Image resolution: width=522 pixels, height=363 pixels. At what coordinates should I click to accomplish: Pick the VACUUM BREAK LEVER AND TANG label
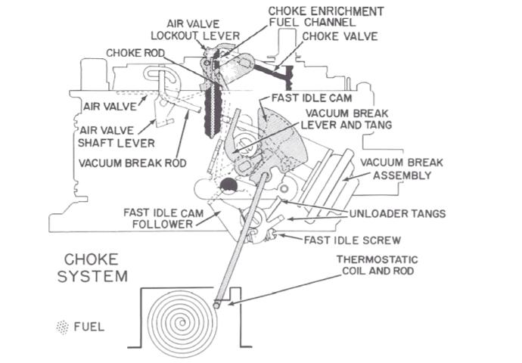tap(343, 119)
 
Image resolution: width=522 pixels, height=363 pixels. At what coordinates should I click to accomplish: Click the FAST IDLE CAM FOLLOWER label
tap(168, 218)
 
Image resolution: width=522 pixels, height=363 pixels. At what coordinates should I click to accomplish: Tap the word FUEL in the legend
tap(89, 327)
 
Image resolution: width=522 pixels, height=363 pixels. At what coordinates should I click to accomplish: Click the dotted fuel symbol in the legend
tap(62, 327)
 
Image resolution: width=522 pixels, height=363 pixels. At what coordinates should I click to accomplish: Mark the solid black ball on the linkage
tap(228, 187)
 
